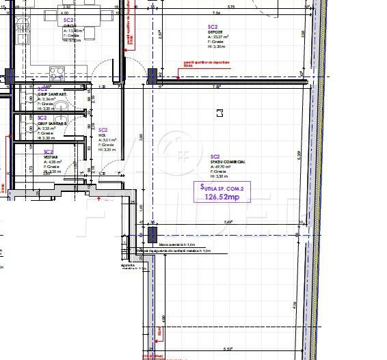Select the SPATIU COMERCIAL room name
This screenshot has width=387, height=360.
[x=228, y=162]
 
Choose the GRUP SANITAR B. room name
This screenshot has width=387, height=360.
[x=52, y=123]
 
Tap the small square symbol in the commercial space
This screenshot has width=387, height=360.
[x=219, y=113]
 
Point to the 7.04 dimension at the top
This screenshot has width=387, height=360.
[x=216, y=13]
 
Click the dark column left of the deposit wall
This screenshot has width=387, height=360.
[x=152, y=75]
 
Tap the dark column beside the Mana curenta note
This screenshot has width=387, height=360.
[x=151, y=235]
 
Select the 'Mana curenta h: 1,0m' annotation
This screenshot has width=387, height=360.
[x=177, y=243]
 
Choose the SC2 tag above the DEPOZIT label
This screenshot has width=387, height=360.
[x=213, y=26]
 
